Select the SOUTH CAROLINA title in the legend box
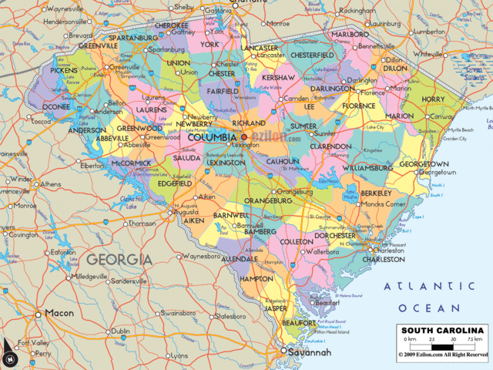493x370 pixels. pyautogui.click(x=442, y=331)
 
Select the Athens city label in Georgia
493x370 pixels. pyautogui.click(x=51, y=184)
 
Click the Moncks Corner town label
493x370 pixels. pyautogui.click(x=386, y=203)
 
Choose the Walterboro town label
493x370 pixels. pyautogui.click(x=323, y=251)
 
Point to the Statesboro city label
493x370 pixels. pyautogui.click(x=230, y=316)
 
